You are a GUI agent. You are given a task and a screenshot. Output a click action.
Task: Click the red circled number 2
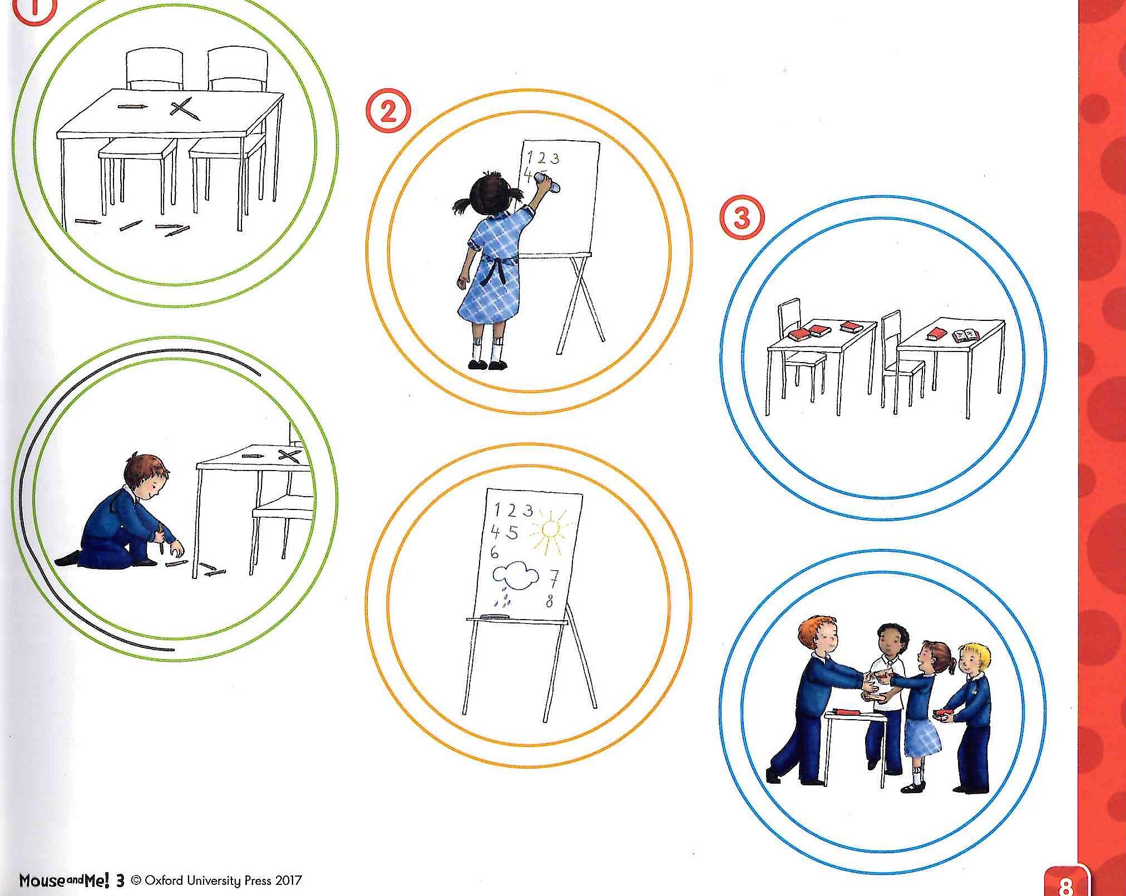coord(388,113)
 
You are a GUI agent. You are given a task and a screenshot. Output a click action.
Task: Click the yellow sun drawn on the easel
coord(549,530)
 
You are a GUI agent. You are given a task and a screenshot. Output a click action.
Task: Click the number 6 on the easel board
coord(495,553)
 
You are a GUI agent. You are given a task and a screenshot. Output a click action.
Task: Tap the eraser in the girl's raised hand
coord(547,181)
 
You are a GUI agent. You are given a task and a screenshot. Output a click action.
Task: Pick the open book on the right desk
coord(966,335)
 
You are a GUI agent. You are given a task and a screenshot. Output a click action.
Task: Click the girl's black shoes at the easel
coord(488,364)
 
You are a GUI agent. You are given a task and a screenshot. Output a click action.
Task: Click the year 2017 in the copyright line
coord(287,880)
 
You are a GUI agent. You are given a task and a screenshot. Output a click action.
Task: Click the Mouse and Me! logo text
coord(66,880)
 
